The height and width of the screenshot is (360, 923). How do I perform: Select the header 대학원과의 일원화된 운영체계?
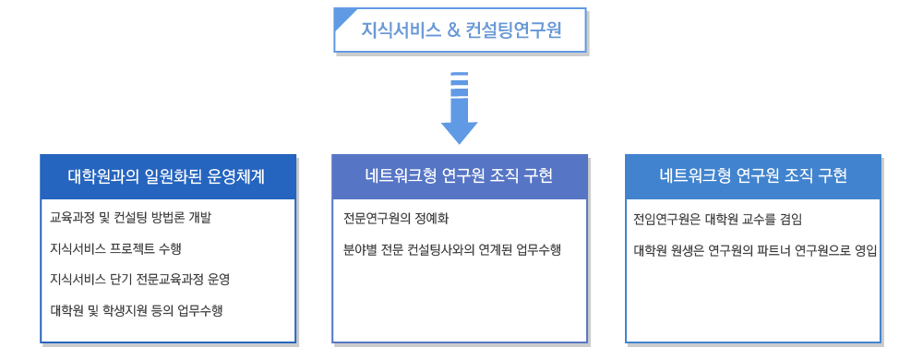pos(168,176)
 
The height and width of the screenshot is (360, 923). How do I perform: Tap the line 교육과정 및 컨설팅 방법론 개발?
pos(131,219)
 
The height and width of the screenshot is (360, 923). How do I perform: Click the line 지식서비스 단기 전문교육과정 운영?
pos(139,280)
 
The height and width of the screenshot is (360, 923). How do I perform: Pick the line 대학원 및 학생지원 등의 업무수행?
pos(136,310)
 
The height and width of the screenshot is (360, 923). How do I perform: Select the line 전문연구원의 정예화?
pos(396,219)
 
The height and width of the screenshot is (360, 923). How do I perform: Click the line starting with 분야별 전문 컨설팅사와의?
pos(451,249)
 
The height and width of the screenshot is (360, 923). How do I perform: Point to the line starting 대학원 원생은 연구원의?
pos(754,249)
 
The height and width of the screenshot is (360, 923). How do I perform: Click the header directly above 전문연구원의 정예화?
pos(460,176)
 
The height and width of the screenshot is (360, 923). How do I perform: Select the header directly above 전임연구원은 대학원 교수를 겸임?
pos(752,176)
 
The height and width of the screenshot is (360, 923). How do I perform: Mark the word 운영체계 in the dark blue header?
pos(238,176)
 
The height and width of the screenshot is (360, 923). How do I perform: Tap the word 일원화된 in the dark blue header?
pos(175,176)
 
